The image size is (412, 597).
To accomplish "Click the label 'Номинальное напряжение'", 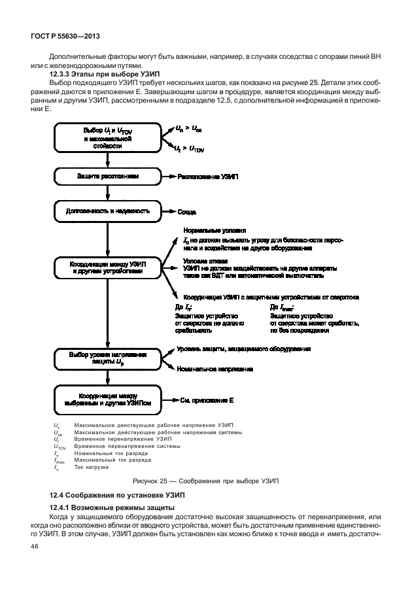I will (215, 369).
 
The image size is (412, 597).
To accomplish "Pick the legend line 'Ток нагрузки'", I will (92, 467).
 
